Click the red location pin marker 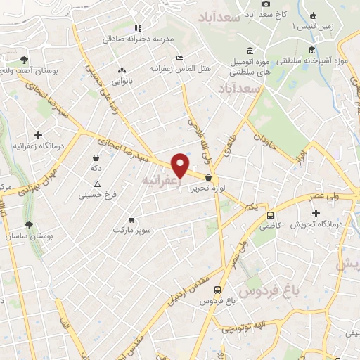click(x=181, y=165)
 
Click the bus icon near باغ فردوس click(x=218, y=290)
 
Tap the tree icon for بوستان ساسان click(x=28, y=225)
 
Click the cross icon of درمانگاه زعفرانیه click(x=37, y=134)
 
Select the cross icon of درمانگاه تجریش click(x=316, y=213)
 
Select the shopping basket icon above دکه click(x=96, y=157)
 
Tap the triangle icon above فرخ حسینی click(x=98, y=184)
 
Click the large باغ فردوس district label click(x=267, y=290)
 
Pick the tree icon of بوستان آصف click(x=24, y=60)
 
